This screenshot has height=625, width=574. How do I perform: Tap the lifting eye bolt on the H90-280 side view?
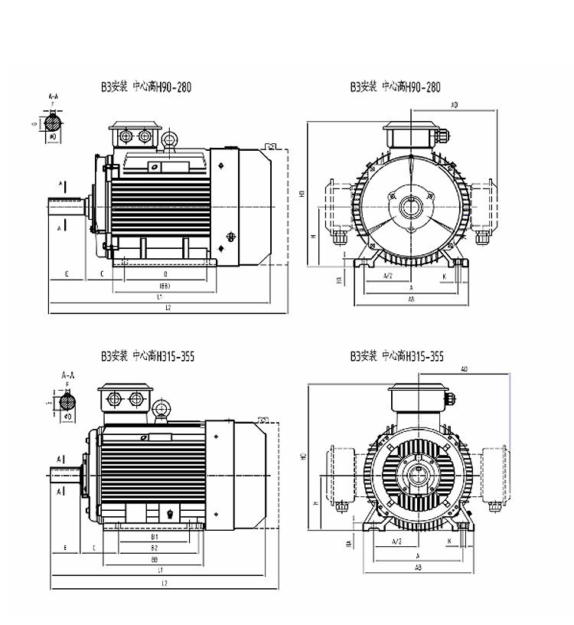(x=170, y=139)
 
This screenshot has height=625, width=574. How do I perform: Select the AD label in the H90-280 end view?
(x=455, y=104)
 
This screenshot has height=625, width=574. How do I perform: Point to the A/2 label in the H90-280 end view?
(x=388, y=275)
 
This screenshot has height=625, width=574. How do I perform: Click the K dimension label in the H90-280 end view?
(x=444, y=275)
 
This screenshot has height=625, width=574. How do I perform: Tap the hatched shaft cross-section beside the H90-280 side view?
(x=54, y=123)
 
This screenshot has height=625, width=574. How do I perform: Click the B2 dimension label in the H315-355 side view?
(x=155, y=548)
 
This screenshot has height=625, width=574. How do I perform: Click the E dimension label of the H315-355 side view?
(x=67, y=548)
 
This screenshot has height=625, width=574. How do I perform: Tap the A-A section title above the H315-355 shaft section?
(x=67, y=376)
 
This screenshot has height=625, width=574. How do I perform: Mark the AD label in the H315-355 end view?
(x=464, y=370)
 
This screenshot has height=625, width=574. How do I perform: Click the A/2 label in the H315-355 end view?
(x=396, y=542)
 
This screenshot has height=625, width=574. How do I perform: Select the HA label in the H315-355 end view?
(x=348, y=544)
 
